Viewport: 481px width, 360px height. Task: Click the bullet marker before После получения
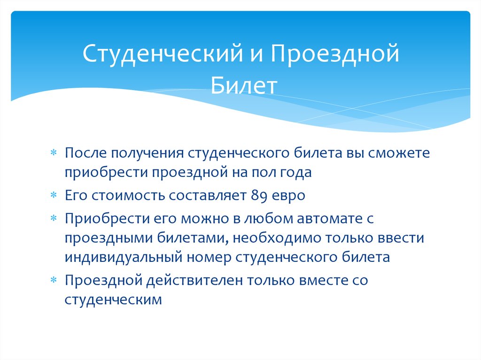click(54, 154)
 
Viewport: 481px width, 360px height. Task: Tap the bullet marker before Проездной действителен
click(54, 281)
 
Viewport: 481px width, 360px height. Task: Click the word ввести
click(401, 238)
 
